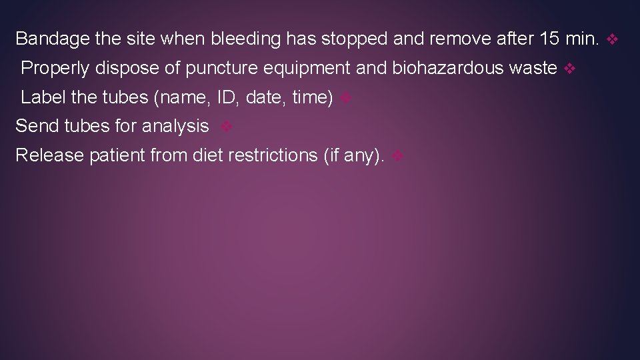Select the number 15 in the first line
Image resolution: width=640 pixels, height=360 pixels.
[549, 39]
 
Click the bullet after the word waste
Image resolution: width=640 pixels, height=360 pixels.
[569, 69]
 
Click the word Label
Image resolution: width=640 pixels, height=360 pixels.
[43, 97]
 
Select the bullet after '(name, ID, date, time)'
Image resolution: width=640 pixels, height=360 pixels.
[345, 99]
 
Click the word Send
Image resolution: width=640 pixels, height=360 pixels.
[37, 125]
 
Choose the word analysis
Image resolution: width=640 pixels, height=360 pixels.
[175, 125]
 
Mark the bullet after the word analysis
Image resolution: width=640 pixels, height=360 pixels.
[226, 127]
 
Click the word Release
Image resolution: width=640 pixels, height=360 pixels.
[48, 155]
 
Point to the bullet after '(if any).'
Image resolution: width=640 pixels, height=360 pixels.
[397, 157]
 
